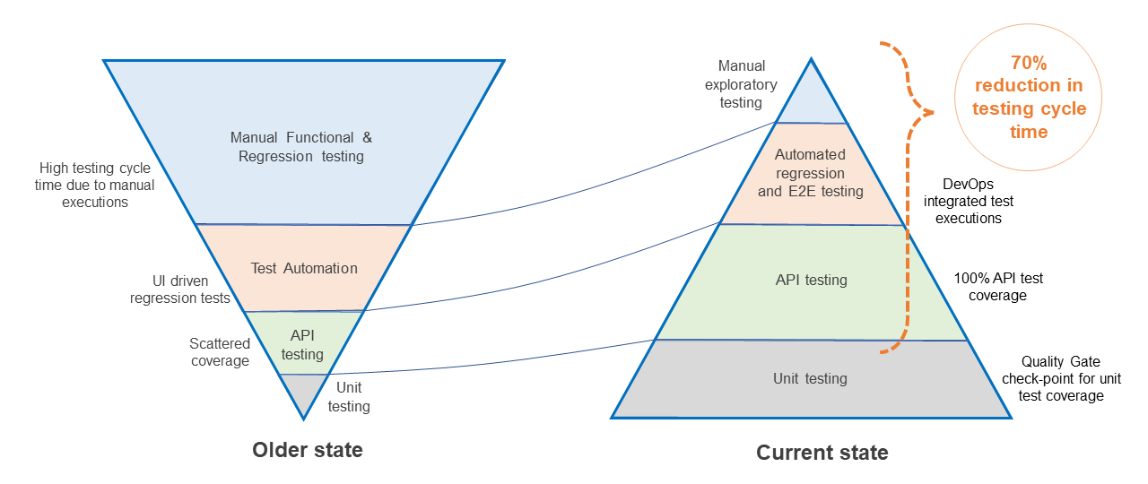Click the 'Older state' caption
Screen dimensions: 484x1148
click(308, 449)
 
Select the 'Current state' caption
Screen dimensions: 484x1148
click(822, 453)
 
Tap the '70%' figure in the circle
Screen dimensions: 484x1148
click(1029, 64)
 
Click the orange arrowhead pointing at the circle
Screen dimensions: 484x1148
click(926, 113)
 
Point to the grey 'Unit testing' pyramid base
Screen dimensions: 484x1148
click(811, 378)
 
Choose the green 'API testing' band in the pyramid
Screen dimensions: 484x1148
click(811, 281)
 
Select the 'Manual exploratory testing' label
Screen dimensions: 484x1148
click(742, 83)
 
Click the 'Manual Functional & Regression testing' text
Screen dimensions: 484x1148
click(301, 147)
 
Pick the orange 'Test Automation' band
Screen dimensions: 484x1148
click(304, 268)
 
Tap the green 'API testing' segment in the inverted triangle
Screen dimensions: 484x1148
click(302, 344)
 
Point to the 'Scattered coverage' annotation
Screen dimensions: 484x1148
click(220, 352)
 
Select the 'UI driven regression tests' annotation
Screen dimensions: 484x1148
click(180, 290)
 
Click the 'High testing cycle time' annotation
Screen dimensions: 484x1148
click(95, 186)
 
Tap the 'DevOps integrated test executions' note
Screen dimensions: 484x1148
click(969, 201)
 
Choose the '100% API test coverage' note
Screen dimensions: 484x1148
click(997, 287)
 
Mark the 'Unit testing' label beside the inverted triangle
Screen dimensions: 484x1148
click(349, 397)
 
